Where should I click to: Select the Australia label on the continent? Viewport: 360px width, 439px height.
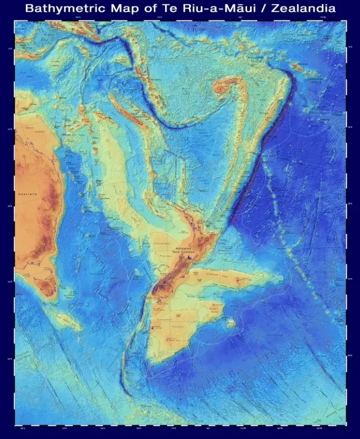coord(27,194)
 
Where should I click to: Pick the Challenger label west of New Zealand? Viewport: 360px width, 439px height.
coord(161,244)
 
